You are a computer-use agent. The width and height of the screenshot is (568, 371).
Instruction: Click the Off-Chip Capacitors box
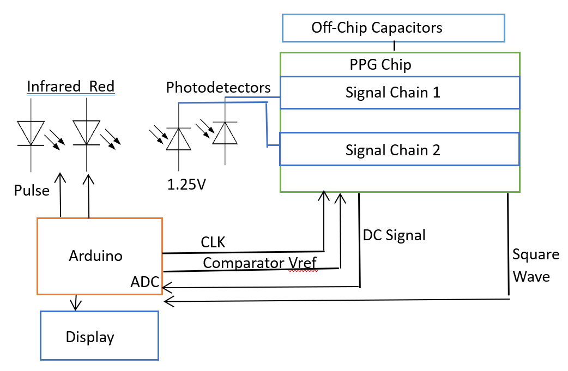[393, 28]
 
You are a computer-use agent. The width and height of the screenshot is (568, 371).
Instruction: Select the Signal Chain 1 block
[400, 93]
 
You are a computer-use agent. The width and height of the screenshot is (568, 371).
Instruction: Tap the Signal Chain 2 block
[400, 149]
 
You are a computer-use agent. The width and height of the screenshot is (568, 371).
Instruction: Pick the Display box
[99, 336]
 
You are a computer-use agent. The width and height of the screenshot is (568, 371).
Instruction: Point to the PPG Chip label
[380, 65]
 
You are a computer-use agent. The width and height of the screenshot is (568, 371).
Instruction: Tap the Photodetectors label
[218, 87]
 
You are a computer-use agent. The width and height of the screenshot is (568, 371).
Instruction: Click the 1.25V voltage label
[186, 184]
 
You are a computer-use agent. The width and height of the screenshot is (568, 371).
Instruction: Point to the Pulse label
[32, 191]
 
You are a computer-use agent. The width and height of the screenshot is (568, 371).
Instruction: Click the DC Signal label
[394, 235]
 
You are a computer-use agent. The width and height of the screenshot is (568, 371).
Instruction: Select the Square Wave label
[535, 266]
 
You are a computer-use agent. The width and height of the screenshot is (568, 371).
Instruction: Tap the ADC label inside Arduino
[145, 282]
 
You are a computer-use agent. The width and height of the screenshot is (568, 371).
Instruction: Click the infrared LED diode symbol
[31, 134]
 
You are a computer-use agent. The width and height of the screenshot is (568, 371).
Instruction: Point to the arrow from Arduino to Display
[76, 303]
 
